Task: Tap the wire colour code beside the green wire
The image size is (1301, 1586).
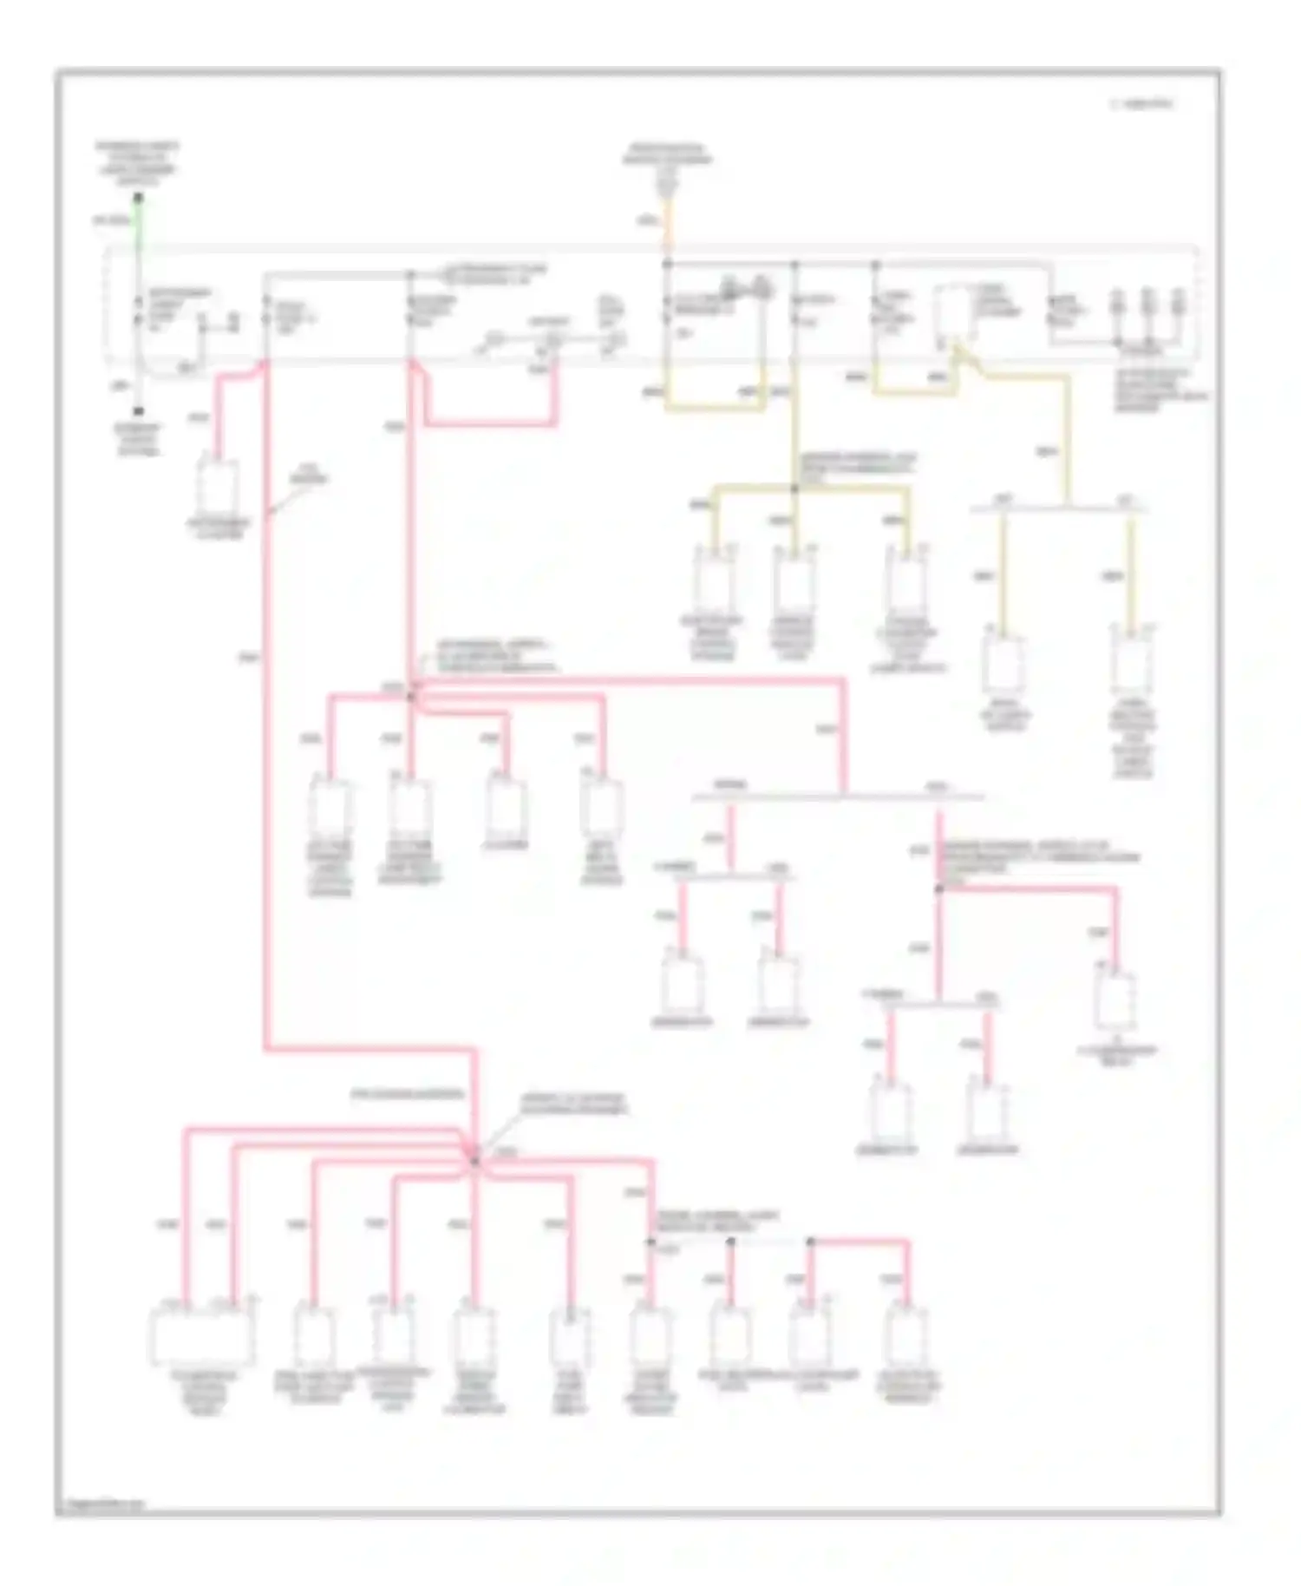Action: [110, 221]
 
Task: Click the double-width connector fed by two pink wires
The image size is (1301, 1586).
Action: [204, 1333]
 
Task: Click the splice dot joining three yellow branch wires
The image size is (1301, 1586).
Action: [794, 489]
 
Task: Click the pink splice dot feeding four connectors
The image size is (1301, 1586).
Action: [413, 695]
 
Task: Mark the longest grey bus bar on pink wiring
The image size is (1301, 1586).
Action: [837, 796]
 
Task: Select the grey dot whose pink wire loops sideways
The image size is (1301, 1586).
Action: [811, 1242]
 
